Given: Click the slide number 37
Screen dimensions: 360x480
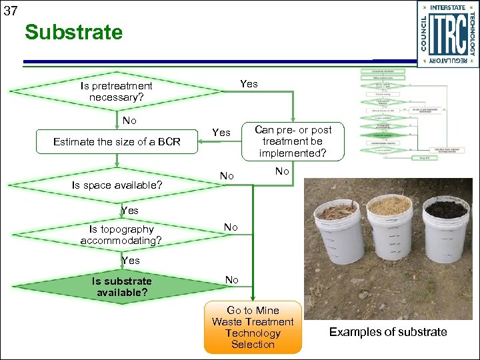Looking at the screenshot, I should point(10,11).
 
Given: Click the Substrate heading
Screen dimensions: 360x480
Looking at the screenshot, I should point(74,32).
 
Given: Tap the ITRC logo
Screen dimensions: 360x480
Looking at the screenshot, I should point(448,33).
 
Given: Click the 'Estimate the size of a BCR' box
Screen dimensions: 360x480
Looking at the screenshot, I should point(117,141).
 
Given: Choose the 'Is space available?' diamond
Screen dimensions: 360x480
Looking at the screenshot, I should point(117,185).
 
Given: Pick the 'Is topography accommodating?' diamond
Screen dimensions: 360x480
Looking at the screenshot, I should point(117,235).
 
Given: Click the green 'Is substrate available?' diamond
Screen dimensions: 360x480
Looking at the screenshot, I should point(117,287).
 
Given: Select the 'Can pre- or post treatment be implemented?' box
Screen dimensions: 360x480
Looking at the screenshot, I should point(293,141).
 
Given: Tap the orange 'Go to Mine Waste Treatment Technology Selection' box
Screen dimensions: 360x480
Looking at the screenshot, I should point(253,327).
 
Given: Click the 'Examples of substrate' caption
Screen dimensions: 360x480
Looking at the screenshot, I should point(388,332).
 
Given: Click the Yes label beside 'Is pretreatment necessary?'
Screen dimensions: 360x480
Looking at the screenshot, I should point(249,83).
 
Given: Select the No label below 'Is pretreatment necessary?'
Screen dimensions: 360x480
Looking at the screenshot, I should point(129,121).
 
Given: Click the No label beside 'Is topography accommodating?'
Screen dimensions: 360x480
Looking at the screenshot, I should point(231,227).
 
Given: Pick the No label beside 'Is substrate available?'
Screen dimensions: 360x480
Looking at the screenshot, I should point(231,280).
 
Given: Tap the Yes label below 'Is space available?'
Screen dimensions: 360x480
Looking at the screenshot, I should point(130,211).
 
